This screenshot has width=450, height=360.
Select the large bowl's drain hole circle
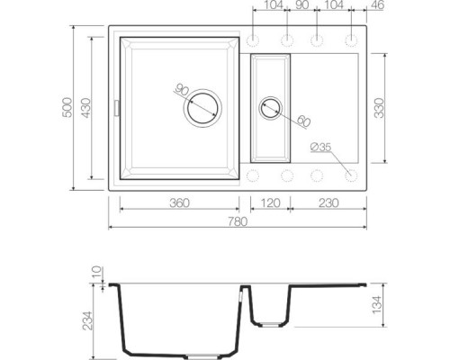pos(202,109)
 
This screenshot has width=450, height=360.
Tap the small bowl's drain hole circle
pos(270,109)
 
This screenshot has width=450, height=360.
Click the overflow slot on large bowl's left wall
pos(115,108)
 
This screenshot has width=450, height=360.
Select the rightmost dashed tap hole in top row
pos(350,41)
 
